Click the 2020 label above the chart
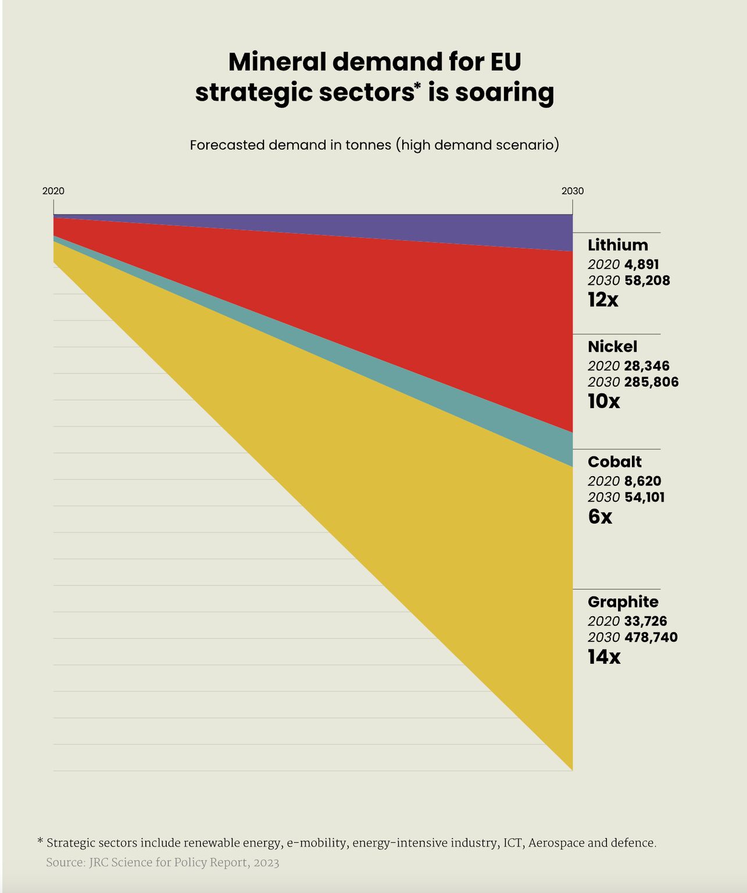[x=53, y=191]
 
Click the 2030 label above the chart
[x=572, y=191]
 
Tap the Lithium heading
[x=617, y=245]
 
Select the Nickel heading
[x=612, y=347]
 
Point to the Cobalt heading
[x=614, y=462]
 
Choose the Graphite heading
[x=623, y=602]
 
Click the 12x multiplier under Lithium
[x=603, y=300]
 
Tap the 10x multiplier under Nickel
[x=603, y=401]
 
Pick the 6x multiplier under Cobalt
[x=600, y=516]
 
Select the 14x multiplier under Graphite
[x=604, y=657]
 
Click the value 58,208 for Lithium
[x=647, y=281]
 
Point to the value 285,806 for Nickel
[x=651, y=382]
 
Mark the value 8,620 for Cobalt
[x=642, y=481]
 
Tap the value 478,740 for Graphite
[x=651, y=637]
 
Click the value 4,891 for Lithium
[x=641, y=265]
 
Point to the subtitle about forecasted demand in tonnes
[x=374, y=145]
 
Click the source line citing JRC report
[x=163, y=863]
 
